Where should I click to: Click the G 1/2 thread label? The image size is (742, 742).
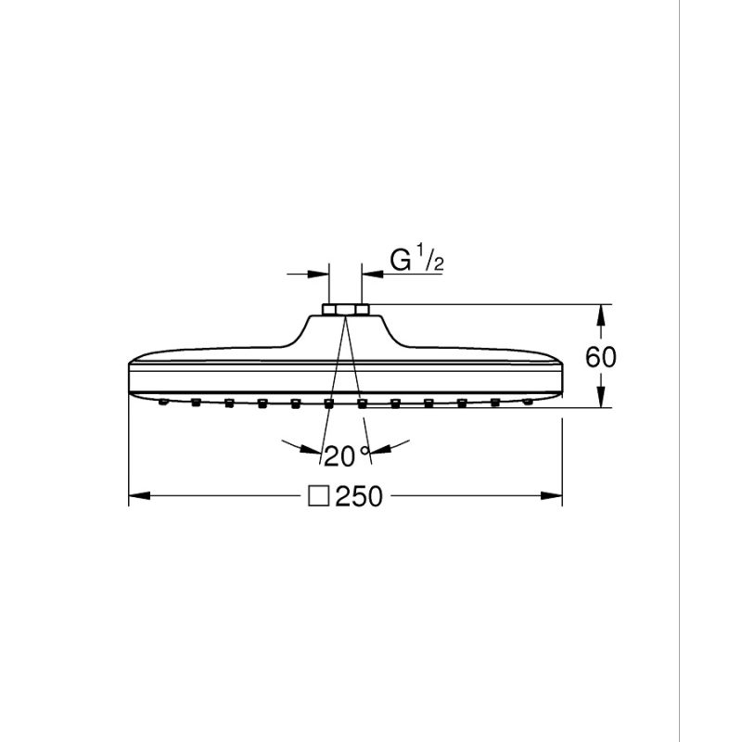[x=416, y=259]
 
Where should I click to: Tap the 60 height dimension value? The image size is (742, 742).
[x=600, y=357]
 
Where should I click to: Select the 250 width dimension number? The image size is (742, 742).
[x=359, y=496]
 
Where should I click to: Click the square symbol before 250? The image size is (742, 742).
[x=318, y=495]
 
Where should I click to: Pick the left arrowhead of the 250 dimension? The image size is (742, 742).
[x=140, y=496]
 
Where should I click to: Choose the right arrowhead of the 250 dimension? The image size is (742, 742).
[x=551, y=496]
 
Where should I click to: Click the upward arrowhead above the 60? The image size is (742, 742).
[x=600, y=315]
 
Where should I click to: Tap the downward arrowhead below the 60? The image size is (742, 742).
[x=600, y=397]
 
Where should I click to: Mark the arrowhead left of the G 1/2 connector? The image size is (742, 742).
[x=318, y=274]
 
